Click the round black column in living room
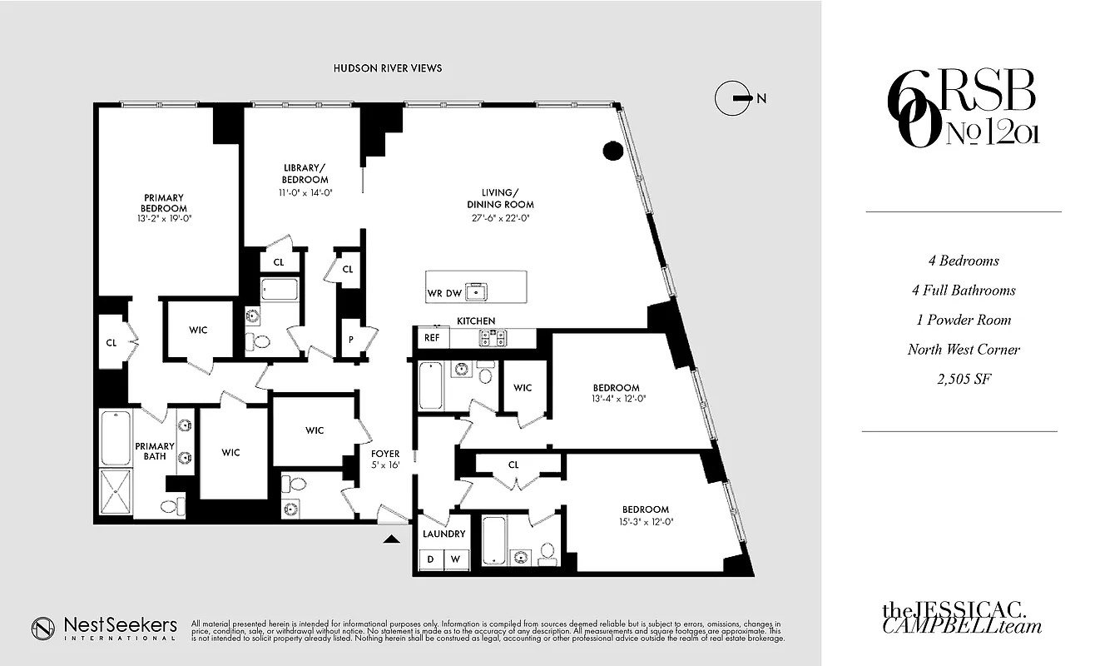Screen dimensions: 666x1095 pos(612,151)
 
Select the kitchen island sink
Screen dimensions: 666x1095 pos(477,291)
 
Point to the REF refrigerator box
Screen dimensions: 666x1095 pos(432,337)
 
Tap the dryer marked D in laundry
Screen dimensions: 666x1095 pos(431,559)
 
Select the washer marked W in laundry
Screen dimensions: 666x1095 pos(456,559)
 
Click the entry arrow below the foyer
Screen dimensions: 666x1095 pos(389,539)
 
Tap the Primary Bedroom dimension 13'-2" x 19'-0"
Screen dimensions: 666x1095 pos(164,218)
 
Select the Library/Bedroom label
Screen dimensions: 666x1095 pos(305,173)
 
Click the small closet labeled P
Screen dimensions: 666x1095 pos(351,340)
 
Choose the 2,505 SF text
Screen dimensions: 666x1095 pos(963,380)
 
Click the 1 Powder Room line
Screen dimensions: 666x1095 pos(963,321)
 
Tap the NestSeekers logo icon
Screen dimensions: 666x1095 pos(44,629)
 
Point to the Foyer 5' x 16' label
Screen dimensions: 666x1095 pos(385,459)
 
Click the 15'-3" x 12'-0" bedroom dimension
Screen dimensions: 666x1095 pos(645,522)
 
